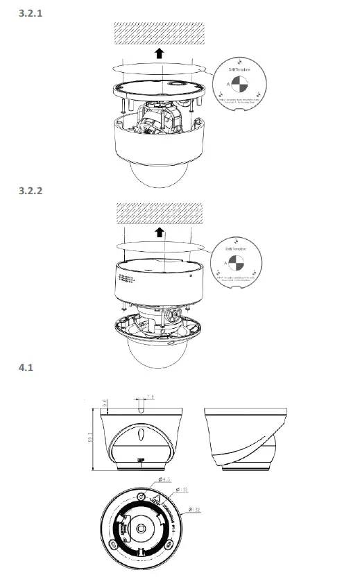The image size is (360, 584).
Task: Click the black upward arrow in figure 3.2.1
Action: [159, 54]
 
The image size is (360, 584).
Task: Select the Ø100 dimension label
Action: [184, 490]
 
